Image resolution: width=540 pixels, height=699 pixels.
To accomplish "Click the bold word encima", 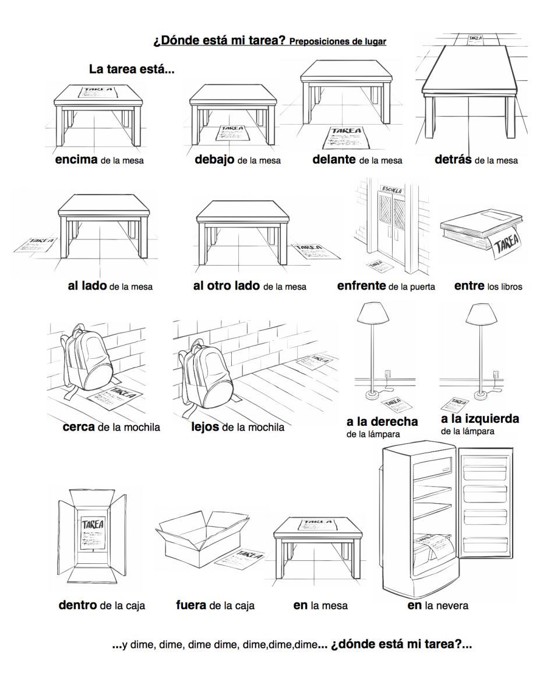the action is tap(76, 160).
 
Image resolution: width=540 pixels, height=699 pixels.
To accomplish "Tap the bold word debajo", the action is tap(214, 160).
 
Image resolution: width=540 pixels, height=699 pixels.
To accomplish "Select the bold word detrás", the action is tap(453, 160).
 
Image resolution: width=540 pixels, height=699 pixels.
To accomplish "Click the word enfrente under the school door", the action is tap(361, 285).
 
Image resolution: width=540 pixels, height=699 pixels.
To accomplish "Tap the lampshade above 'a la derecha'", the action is tap(373, 313).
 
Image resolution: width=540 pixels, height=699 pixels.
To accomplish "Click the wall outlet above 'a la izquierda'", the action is tap(496, 374).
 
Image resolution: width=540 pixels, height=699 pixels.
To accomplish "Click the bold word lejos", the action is tap(205, 427).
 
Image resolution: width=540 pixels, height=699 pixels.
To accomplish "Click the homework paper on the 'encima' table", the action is tap(97, 92).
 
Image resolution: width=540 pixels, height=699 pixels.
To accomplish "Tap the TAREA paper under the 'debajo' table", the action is tap(232, 133).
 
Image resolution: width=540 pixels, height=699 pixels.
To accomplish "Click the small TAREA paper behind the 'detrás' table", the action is tap(475, 40).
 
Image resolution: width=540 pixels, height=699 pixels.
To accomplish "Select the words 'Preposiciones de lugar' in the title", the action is tap(338, 41).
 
